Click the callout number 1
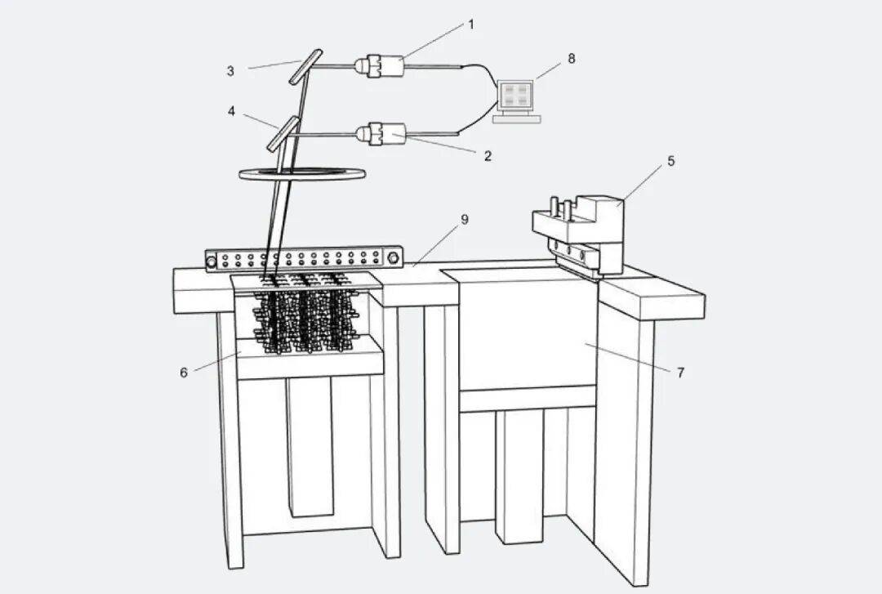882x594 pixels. click(470, 24)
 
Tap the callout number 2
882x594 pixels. click(488, 156)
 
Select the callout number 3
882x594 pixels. click(230, 71)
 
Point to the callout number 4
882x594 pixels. click(232, 110)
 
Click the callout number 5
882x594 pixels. click(670, 161)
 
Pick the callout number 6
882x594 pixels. click(184, 372)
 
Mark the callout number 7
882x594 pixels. click(679, 373)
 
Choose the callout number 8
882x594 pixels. click(571, 58)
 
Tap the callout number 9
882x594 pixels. click(465, 219)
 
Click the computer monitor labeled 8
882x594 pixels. click(516, 95)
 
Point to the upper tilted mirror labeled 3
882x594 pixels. click(304, 65)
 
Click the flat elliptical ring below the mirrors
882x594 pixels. click(301, 173)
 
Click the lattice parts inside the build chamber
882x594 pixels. click(306, 315)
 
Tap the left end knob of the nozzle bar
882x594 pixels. click(212, 262)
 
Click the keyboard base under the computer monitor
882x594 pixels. click(516, 119)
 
